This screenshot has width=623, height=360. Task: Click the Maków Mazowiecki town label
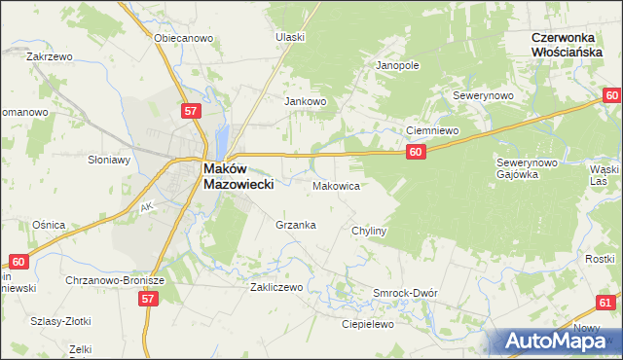(238, 175)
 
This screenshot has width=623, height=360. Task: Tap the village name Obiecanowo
(183, 38)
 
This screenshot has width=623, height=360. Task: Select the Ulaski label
(290, 37)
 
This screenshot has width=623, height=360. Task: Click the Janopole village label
(397, 66)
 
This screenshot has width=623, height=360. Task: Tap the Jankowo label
(304, 101)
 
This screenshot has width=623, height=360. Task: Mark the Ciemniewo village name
(432, 129)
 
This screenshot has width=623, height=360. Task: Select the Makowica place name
(337, 185)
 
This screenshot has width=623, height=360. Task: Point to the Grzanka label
(296, 225)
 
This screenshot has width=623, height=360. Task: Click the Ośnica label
(48, 225)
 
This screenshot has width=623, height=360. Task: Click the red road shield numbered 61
(605, 303)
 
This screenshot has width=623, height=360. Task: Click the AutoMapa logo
(559, 341)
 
